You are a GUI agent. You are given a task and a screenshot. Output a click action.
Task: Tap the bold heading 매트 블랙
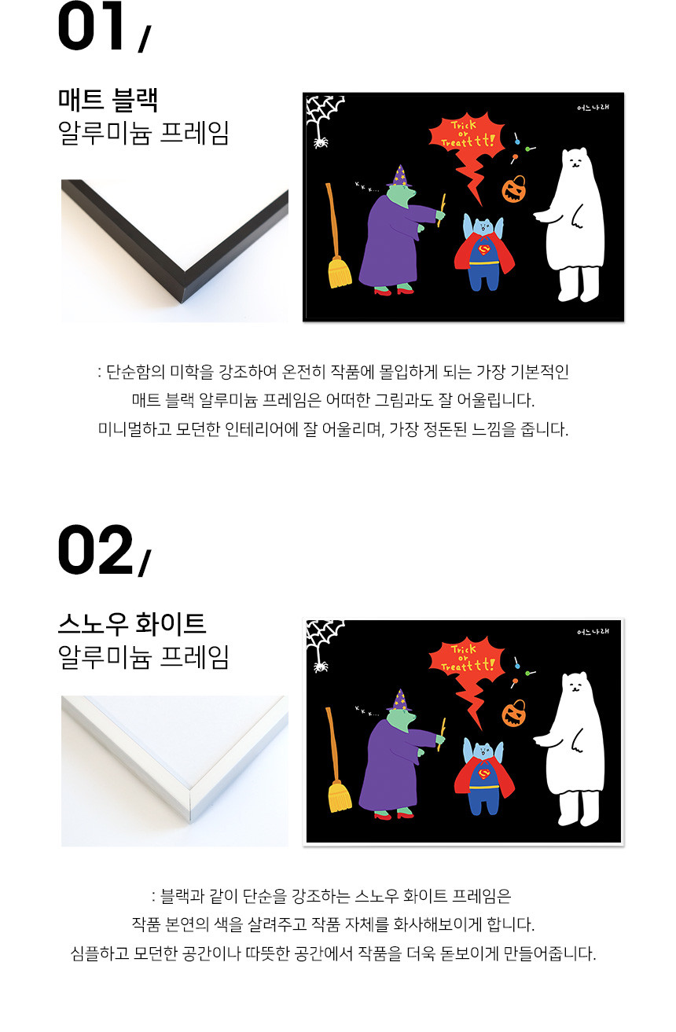108,100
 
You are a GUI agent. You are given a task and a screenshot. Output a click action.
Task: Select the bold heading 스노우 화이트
132,623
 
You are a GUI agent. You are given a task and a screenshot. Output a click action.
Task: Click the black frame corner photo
175,251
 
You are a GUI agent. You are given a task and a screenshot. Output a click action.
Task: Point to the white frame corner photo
175,771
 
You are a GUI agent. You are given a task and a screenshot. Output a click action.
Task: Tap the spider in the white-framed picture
321,666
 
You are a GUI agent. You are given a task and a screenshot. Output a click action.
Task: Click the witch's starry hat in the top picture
400,175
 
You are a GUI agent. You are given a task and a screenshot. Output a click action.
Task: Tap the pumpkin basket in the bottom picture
514,713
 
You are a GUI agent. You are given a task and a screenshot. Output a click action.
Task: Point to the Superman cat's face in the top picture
483,226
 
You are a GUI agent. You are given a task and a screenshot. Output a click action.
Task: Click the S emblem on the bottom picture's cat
483,774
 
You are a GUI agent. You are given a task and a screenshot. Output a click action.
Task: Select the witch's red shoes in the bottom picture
394,816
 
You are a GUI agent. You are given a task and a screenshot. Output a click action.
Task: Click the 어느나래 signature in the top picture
593,108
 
